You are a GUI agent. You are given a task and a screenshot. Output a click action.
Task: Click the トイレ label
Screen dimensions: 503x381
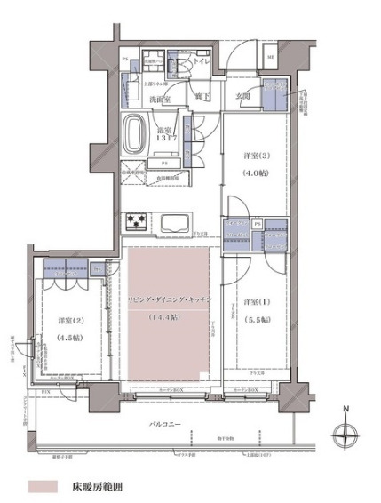coord(202,63)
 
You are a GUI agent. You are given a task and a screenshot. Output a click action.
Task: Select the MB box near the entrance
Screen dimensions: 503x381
coord(271,60)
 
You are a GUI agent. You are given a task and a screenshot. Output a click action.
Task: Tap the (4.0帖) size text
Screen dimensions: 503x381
coord(256,171)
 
